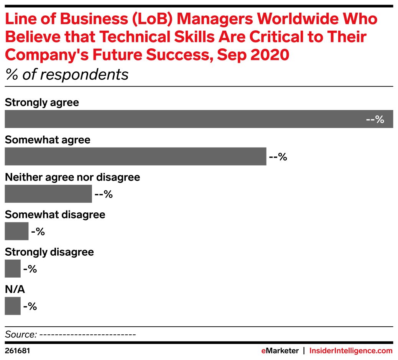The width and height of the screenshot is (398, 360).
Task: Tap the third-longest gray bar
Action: [x=48, y=194]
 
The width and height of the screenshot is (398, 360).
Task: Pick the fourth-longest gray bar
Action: [x=16, y=231]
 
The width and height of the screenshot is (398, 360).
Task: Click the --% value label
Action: [x=375, y=120]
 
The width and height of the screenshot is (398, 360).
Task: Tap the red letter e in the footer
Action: [x=263, y=351]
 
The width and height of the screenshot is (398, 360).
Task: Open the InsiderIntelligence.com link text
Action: [x=351, y=351]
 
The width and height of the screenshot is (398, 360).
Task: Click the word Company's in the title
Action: [x=42, y=55]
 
